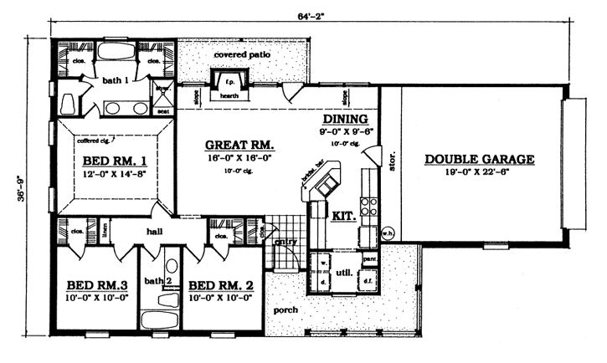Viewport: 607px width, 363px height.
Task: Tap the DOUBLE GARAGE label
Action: (x=480, y=159)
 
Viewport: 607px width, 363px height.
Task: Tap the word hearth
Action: (x=229, y=96)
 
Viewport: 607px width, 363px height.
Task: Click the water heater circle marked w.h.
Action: (x=388, y=234)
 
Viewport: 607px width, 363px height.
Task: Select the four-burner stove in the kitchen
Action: (x=367, y=206)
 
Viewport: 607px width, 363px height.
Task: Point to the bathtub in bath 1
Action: (x=114, y=54)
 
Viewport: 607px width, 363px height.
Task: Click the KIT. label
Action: (x=344, y=216)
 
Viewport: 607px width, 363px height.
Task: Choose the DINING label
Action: (x=346, y=120)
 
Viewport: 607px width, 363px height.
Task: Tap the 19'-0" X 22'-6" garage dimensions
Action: (x=480, y=172)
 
